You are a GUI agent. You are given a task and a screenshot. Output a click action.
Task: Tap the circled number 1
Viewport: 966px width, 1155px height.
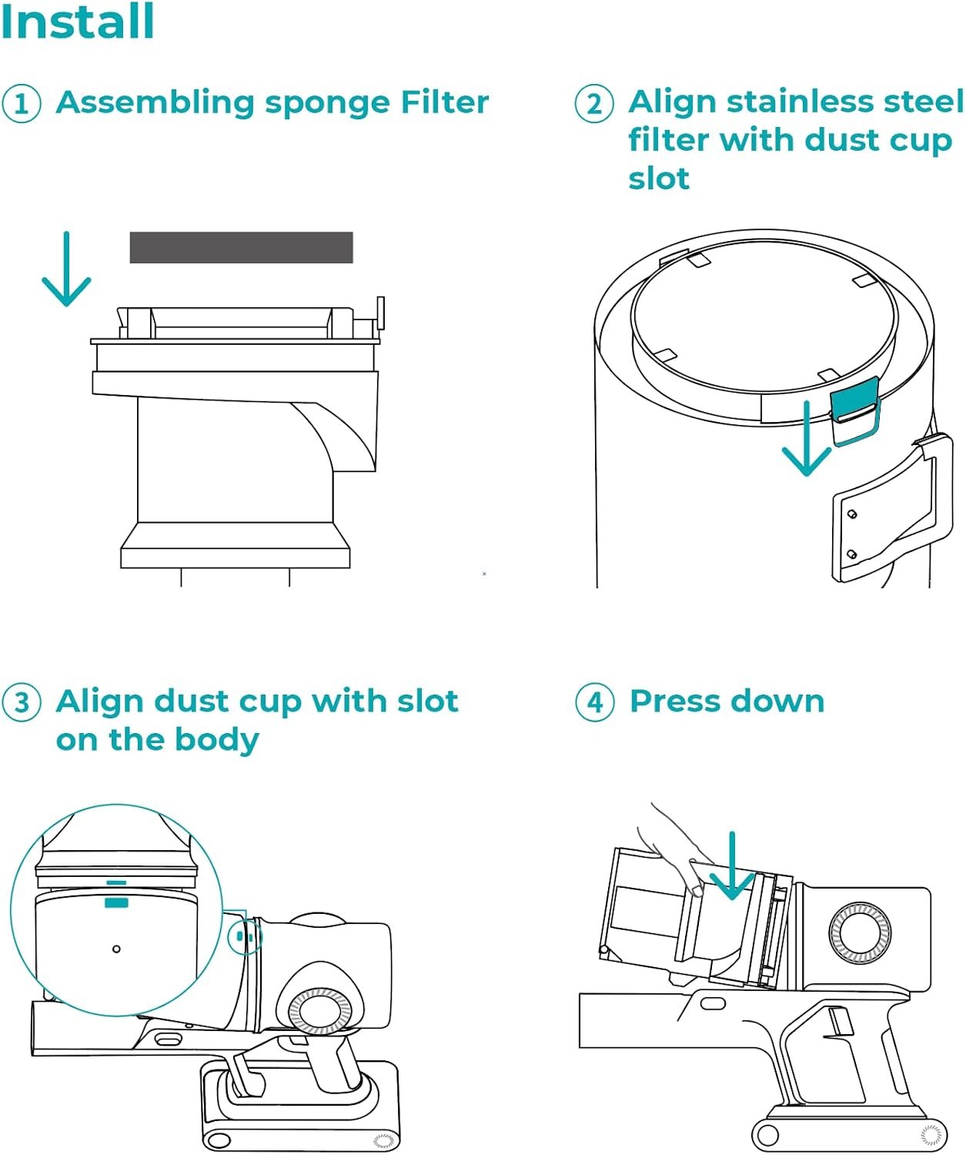(x=21, y=103)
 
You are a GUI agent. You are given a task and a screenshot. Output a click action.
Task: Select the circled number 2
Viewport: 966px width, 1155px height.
(x=594, y=103)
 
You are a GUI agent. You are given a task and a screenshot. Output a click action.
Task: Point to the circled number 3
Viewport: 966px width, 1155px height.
(x=21, y=702)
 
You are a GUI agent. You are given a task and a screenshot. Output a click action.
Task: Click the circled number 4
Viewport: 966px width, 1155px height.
(x=595, y=702)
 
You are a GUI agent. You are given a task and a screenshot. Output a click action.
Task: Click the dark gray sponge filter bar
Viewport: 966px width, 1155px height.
(x=241, y=247)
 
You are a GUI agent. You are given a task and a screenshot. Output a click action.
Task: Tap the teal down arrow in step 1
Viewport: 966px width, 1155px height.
(x=66, y=269)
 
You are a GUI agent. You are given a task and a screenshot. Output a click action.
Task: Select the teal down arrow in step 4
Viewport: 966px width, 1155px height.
(x=732, y=866)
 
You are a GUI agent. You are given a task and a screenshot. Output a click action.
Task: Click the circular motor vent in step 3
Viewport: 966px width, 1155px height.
(x=319, y=1011)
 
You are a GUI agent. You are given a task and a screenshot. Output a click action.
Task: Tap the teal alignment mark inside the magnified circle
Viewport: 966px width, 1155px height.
(x=116, y=901)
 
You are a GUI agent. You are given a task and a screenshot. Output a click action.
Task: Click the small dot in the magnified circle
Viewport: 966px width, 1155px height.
(x=116, y=949)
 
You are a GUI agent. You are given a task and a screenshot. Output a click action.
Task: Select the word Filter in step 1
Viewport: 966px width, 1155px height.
(x=444, y=103)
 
